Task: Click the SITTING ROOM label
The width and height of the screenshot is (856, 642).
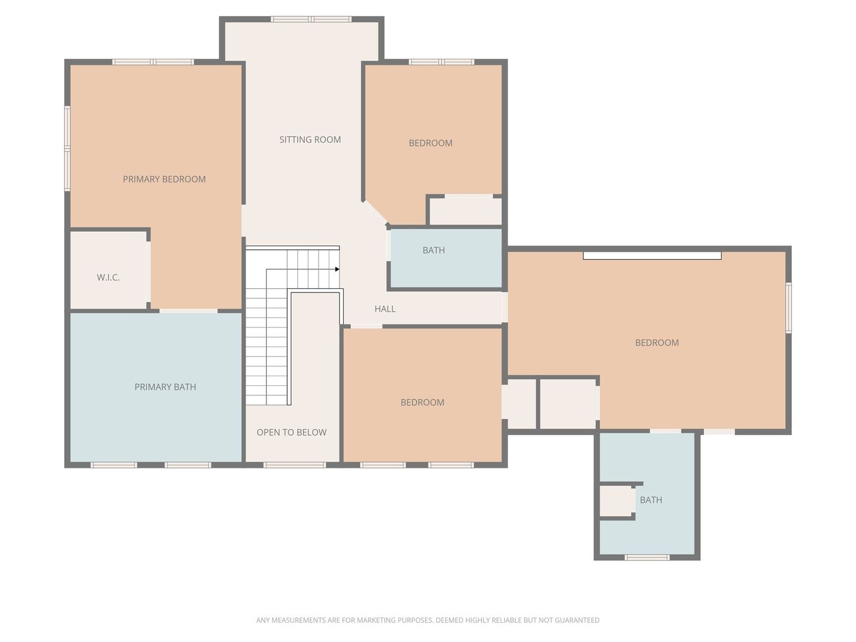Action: tap(310, 140)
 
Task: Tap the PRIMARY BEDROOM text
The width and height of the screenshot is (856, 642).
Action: tap(164, 180)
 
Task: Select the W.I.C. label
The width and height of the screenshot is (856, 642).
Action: tap(108, 278)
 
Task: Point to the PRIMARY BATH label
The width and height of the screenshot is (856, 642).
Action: tap(165, 387)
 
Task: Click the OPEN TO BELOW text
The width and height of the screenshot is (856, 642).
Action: tap(292, 432)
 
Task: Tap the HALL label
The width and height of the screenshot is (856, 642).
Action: tap(385, 309)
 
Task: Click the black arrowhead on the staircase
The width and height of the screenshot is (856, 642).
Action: tap(337, 269)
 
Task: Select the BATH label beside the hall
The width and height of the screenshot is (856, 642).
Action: tap(434, 250)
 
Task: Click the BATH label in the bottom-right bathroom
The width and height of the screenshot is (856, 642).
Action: tap(651, 500)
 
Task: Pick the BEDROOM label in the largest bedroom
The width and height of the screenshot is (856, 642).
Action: tap(657, 343)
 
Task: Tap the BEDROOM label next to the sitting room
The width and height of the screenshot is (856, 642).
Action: tap(430, 143)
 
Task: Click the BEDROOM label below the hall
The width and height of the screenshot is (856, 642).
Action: tap(422, 402)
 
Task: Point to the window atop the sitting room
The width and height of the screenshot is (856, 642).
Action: tap(311, 19)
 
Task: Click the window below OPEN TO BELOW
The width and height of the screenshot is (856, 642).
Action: tap(295, 465)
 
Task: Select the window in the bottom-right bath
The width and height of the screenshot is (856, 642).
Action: tap(647, 558)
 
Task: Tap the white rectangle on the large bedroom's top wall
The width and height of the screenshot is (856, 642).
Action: tap(652, 256)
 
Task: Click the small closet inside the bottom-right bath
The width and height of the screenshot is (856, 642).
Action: tap(615, 501)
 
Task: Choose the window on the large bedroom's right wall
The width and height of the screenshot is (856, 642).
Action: tap(789, 307)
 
